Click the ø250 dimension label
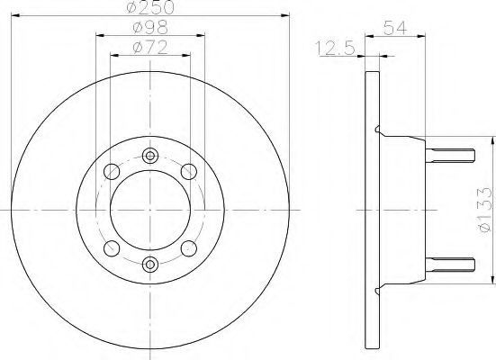pyautogui.click(x=150, y=7)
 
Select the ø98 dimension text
pyautogui.click(x=150, y=28)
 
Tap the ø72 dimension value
pyautogui.click(x=150, y=48)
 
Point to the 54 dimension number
pyautogui.click(x=395, y=28)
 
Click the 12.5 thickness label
pyautogui.click(x=335, y=49)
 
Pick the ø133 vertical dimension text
pyautogui.click(x=486, y=210)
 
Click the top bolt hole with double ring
pyautogui.click(x=150, y=156)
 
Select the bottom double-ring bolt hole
pyautogui.click(x=150, y=264)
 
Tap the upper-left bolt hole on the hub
pyautogui.click(x=112, y=172)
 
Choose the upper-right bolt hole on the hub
pyautogui.click(x=189, y=172)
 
